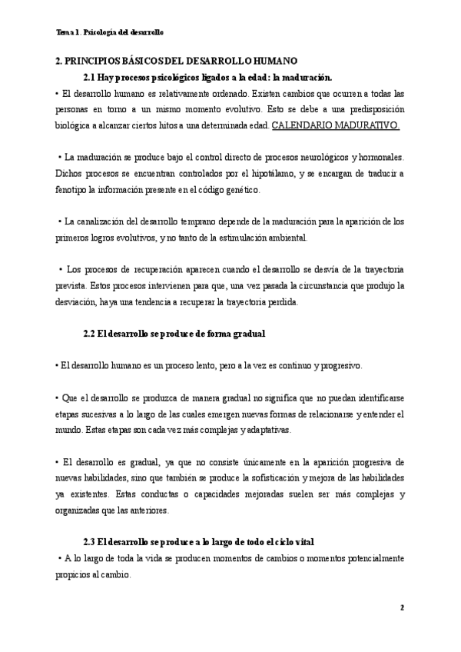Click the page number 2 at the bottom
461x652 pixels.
(x=401, y=607)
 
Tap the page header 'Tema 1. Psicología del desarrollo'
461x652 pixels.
(x=110, y=33)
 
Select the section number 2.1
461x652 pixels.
(x=91, y=78)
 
